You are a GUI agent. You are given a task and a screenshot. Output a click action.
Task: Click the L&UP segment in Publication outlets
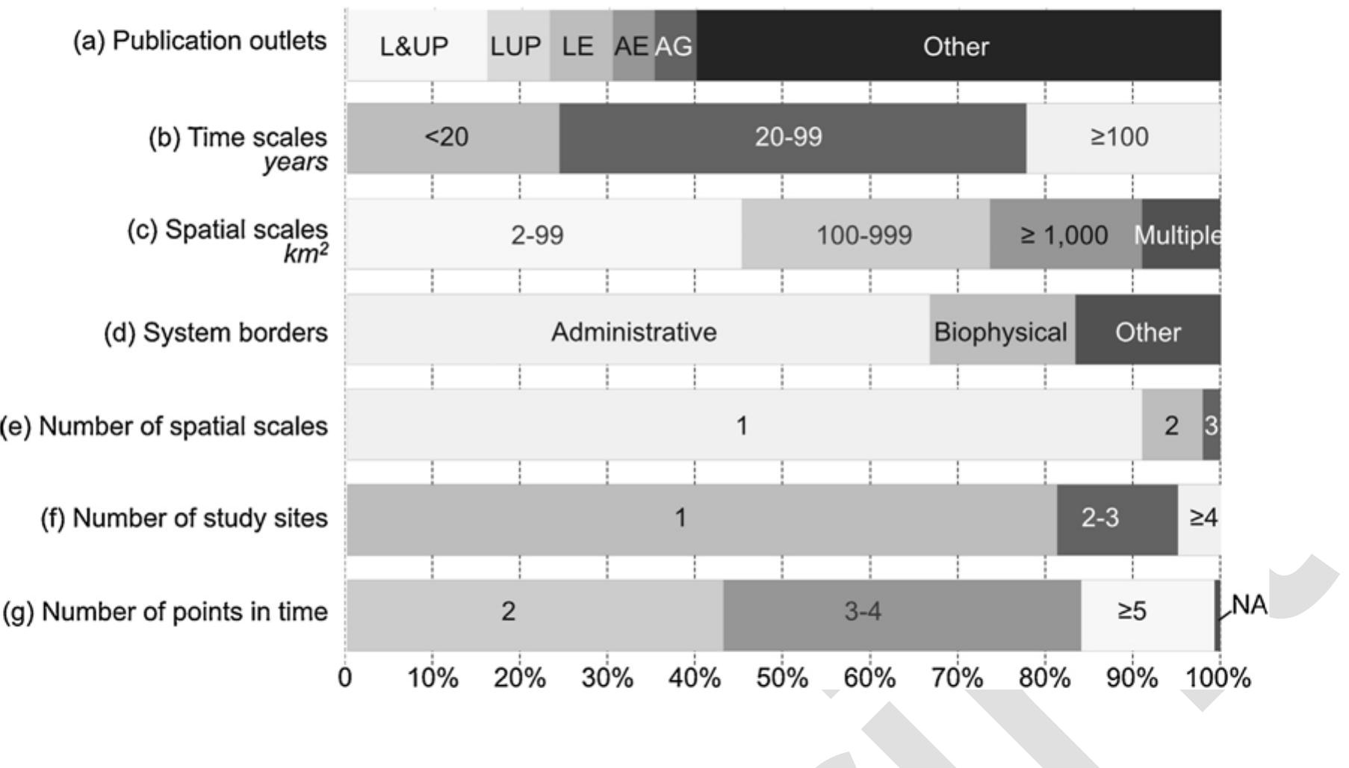coord(417,46)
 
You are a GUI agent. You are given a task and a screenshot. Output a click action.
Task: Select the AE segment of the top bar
coord(633,46)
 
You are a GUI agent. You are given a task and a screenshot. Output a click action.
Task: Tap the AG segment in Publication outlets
coord(675,46)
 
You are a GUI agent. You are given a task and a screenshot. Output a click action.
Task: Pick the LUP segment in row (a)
coord(518,46)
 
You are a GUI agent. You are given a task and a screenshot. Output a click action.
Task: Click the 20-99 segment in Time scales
coord(793,137)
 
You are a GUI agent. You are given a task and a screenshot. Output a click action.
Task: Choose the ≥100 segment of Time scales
coord(1123,137)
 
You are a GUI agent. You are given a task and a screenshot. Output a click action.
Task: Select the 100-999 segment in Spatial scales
coord(866,234)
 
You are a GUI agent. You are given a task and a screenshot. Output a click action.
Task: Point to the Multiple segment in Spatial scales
coord(1181,234)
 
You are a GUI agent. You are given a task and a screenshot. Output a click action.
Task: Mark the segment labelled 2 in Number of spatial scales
coord(1172,424)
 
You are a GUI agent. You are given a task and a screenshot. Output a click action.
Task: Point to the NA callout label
coord(1250,604)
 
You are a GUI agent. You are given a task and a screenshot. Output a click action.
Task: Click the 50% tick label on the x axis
coord(782,678)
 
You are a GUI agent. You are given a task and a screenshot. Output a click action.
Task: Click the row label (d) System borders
coord(216,332)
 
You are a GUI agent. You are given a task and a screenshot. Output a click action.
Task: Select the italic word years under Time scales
coord(295,162)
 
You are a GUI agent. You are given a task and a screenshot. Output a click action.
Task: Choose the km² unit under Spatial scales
coord(306,254)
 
